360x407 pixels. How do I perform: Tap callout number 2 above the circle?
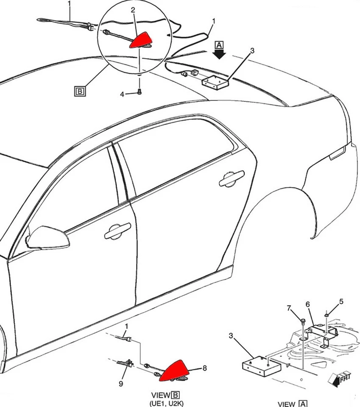click(133, 9)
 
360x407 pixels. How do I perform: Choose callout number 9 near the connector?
click(121, 384)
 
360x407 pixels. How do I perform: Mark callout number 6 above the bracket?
click(308, 304)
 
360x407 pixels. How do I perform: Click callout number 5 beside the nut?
click(341, 302)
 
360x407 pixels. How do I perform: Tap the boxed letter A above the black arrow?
click(219, 45)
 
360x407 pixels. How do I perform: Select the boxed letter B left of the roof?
click(79, 90)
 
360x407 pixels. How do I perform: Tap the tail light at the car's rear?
click(339, 153)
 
